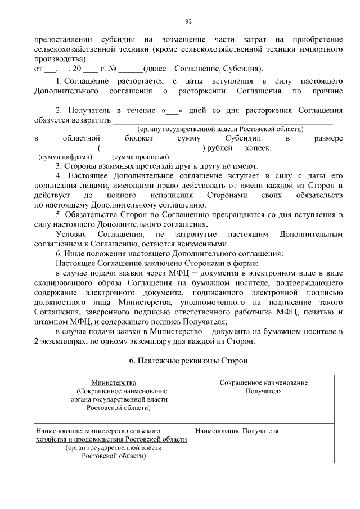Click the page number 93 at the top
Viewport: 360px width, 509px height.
coord(188,22)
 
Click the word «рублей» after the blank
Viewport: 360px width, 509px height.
coord(219,148)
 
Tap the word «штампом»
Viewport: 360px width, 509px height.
coord(51,322)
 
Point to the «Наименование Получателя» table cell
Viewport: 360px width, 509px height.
coord(237,431)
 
